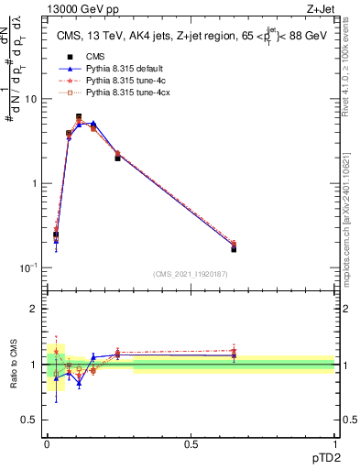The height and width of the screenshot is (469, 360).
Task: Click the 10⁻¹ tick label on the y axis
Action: [30, 267]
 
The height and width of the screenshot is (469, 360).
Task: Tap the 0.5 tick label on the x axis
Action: [191, 443]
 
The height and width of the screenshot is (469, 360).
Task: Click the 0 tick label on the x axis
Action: [47, 443]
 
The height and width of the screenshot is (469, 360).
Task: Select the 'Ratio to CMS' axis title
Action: [14, 365]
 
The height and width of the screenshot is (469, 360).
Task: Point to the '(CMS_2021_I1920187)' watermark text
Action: [190, 274]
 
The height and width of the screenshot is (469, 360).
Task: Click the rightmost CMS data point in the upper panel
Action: [234, 249]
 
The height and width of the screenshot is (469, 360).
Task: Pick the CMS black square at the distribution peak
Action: [79, 117]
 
